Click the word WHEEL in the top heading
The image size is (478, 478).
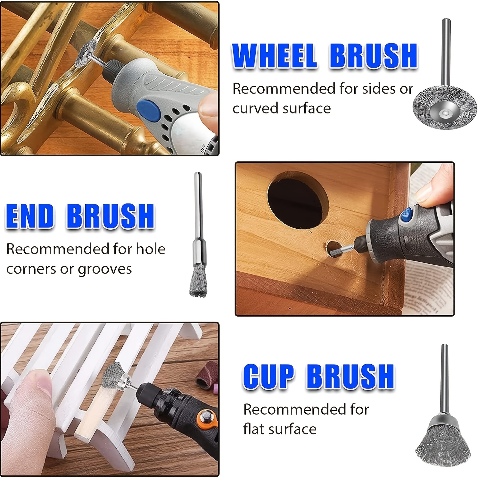(274, 56)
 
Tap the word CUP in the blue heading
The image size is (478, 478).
(268, 376)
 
